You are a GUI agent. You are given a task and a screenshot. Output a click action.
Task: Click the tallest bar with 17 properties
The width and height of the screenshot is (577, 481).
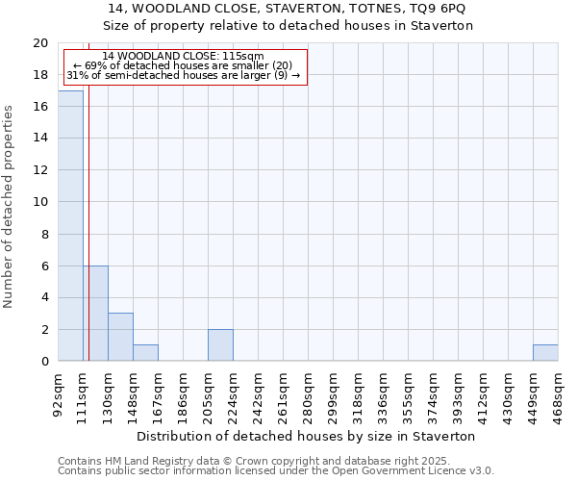[x=70, y=225]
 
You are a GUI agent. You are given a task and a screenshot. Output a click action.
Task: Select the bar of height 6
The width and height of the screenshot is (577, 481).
[x=95, y=313]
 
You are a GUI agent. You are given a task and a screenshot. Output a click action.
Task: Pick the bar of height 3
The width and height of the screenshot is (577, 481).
[x=120, y=337]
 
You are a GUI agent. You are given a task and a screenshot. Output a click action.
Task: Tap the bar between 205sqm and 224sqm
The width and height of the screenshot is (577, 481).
[x=220, y=344]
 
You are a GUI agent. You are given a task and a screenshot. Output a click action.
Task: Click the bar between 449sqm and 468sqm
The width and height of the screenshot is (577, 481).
[x=545, y=352]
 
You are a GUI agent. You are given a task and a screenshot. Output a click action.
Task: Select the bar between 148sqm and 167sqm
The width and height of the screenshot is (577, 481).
[x=145, y=352]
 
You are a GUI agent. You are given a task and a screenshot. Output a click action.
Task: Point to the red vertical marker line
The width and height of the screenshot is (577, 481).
[x=88, y=240]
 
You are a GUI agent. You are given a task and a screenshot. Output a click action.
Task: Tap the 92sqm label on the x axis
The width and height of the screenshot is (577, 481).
[x=58, y=394]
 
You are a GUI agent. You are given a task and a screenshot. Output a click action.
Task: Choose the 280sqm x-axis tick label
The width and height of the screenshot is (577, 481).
[x=308, y=394]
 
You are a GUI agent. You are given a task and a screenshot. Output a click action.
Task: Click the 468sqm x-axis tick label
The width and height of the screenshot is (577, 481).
[x=558, y=394]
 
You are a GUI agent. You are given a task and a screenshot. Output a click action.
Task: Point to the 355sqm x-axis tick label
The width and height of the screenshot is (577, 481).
[x=408, y=394]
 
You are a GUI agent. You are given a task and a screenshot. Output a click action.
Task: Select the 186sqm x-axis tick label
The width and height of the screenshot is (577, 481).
[x=183, y=394]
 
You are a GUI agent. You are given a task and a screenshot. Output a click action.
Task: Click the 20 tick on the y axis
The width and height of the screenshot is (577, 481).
[x=40, y=43]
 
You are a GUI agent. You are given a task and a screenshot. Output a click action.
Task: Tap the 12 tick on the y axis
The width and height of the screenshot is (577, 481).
[x=40, y=170]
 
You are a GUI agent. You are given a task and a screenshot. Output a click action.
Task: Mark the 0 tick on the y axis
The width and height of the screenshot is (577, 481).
[x=44, y=361]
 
